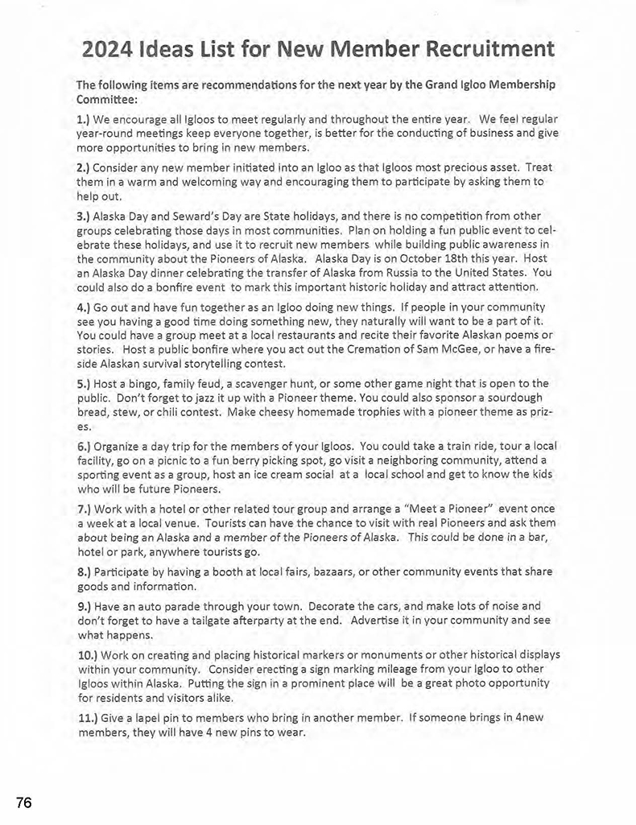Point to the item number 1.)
(84, 119)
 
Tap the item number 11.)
(88, 717)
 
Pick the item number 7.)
(84, 509)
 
